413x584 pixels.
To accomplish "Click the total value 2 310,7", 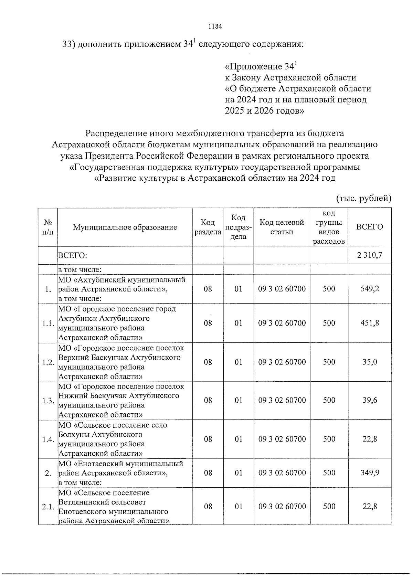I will pos(370,255).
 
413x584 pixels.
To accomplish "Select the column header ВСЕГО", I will pos(370,227).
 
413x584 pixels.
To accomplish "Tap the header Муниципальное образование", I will pos(125,227).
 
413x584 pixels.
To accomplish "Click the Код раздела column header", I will pos(208,227).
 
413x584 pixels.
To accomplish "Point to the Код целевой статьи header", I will pos(282,227).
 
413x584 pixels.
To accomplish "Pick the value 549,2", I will pos(370,288).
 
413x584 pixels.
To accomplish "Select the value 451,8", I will pos(370,323).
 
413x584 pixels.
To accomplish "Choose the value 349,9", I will pos(370,472).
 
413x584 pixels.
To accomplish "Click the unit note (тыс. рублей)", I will pos(363,198).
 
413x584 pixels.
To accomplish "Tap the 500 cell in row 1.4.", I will pos(329,439).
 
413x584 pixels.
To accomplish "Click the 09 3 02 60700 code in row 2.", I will pos(282,472).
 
